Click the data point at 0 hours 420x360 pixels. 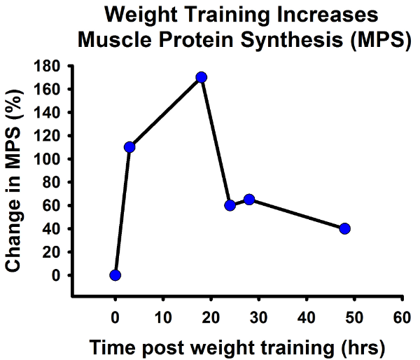tap(115, 275)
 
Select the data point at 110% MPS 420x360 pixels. tap(129, 147)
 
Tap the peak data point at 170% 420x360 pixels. tap(202, 77)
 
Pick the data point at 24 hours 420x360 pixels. tap(230, 205)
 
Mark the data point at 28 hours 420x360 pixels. tap(249, 200)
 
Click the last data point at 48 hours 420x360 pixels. tap(344, 228)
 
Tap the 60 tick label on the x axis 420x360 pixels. tap(402, 316)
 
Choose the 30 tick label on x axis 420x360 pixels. tap(258, 316)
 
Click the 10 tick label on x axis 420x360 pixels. tap(162, 316)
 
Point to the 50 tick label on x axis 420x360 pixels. tap(353, 316)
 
